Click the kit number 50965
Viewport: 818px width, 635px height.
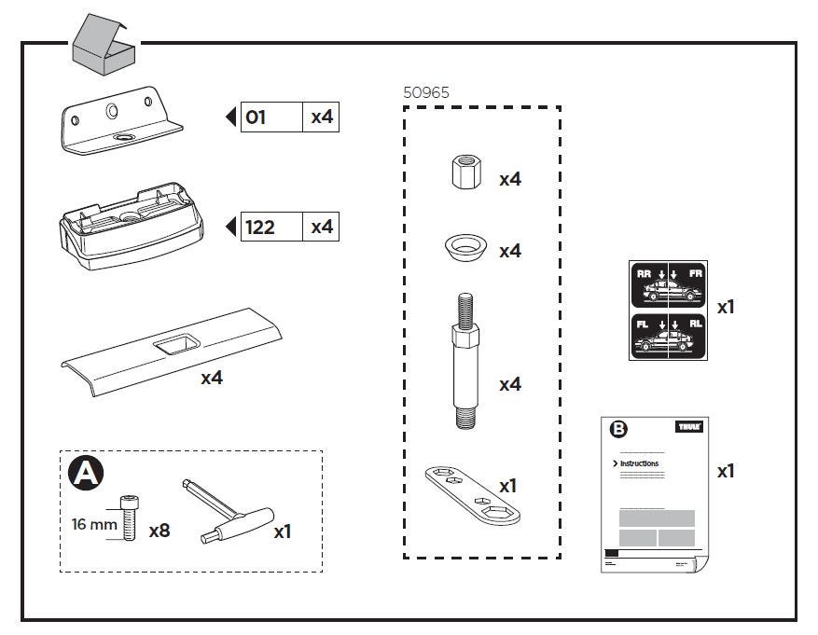(x=426, y=93)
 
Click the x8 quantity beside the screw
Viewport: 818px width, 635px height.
(x=159, y=531)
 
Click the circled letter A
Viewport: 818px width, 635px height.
(x=86, y=475)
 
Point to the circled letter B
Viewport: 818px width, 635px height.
(x=618, y=431)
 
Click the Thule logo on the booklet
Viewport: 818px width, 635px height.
(x=687, y=427)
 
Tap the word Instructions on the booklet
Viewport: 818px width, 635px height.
(x=640, y=463)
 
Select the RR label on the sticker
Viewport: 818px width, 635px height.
(x=644, y=274)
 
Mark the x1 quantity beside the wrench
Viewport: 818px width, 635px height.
(x=508, y=487)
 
